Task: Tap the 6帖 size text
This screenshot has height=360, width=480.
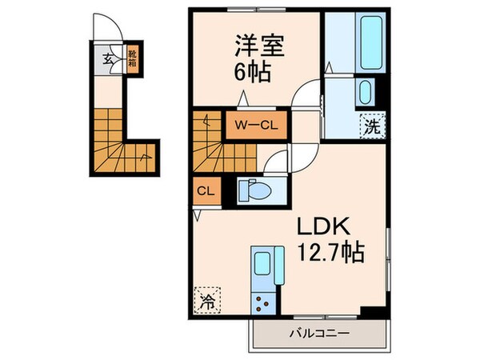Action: (x=251, y=74)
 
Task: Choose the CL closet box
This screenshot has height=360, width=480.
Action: (x=205, y=191)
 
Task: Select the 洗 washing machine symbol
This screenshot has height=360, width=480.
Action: (x=373, y=126)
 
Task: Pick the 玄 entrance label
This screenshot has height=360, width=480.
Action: (x=106, y=58)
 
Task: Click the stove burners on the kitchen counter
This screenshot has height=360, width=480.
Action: (x=263, y=302)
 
